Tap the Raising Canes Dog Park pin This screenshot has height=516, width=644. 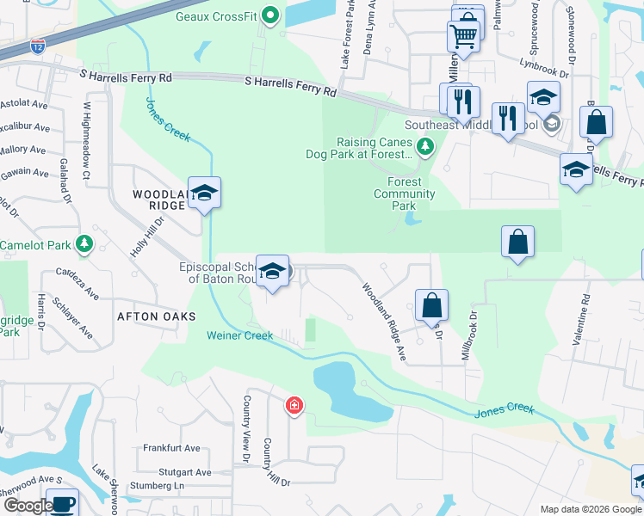[x=424, y=148]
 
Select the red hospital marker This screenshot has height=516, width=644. [x=294, y=405]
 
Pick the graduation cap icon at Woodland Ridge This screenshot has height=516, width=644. [x=205, y=193]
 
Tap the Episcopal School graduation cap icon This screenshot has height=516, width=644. [x=273, y=273]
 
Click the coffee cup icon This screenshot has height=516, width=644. [x=61, y=502]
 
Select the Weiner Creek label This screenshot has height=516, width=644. [x=240, y=335]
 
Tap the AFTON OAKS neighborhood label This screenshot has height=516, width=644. [x=151, y=316]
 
